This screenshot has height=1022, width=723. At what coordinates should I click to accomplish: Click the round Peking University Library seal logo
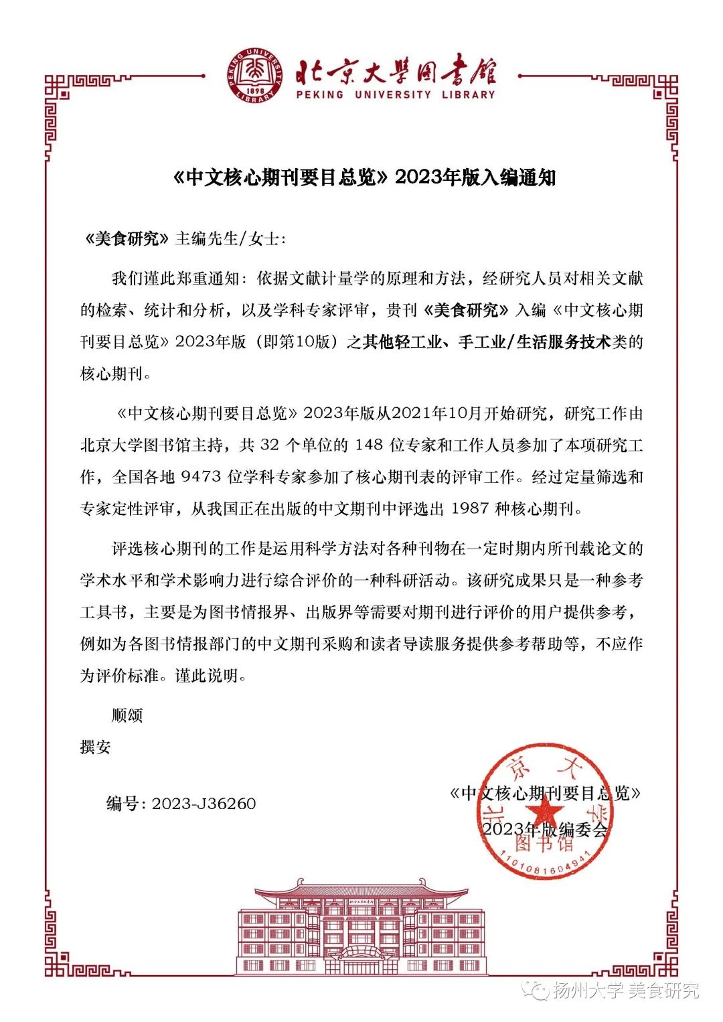tap(253, 75)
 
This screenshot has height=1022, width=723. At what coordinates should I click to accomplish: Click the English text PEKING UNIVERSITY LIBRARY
tap(396, 95)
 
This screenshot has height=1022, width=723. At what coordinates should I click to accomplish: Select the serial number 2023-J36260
tap(204, 804)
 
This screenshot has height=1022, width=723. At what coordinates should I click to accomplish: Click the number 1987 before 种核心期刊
tap(470, 508)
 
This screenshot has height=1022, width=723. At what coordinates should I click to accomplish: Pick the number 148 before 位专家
tap(369, 445)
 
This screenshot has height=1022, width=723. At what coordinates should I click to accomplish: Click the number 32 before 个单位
tap(269, 445)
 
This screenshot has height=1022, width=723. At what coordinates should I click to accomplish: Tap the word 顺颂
tap(127, 715)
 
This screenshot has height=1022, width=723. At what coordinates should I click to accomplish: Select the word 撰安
tap(96, 747)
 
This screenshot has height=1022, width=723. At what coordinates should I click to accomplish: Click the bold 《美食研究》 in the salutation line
tap(126, 238)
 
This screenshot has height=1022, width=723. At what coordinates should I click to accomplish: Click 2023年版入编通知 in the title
tap(475, 177)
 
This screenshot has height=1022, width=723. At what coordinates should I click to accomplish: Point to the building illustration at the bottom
tap(361, 928)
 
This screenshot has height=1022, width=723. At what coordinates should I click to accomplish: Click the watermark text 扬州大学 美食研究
tap(626, 990)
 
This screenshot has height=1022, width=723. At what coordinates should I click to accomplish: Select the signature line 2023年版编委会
tap(546, 829)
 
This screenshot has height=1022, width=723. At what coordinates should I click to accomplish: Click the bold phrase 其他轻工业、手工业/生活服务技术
tap(487, 342)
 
